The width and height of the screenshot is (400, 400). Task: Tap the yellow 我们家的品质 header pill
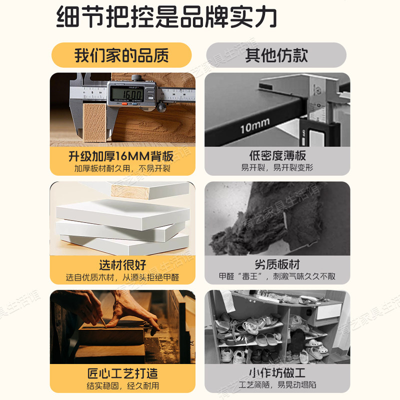(121, 55)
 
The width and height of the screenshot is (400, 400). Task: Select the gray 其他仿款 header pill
(276, 55)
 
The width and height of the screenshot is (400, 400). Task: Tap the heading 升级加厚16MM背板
(122, 155)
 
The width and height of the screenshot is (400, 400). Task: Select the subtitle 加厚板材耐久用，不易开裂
(122, 168)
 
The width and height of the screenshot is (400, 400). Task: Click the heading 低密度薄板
(277, 155)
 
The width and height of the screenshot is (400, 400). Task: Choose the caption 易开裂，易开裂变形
(277, 168)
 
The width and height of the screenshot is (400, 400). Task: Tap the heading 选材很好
(122, 264)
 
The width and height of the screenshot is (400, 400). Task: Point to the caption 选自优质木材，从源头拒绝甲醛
(122, 277)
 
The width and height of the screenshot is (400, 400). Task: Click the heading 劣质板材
(277, 264)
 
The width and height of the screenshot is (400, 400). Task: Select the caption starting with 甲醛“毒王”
(277, 277)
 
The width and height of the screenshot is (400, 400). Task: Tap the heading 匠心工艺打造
(122, 373)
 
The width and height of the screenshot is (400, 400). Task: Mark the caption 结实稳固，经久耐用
(122, 385)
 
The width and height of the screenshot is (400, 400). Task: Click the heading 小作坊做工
(277, 373)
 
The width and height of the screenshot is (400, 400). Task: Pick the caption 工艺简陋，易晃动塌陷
(277, 385)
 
